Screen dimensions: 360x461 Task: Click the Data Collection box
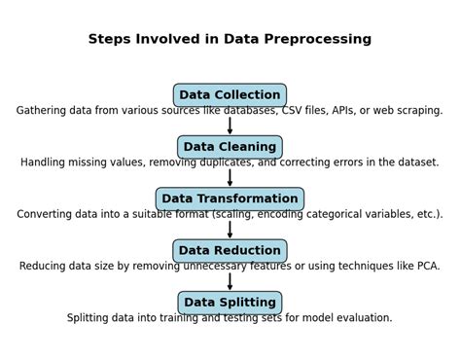tap(230, 95)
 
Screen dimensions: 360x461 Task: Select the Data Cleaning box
tap(230, 147)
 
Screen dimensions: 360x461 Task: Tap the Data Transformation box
tap(230, 198)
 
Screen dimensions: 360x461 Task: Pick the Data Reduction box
tap(230, 251)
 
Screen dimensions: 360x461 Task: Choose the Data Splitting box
tap(230, 303)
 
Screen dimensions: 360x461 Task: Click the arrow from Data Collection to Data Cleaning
tap(230, 126)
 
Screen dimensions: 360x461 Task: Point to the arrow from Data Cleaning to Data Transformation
tap(230, 178)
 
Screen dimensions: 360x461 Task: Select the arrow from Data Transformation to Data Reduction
tap(230, 230)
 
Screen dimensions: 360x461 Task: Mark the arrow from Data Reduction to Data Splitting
tap(230, 281)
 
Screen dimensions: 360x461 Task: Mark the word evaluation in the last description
tap(360, 318)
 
